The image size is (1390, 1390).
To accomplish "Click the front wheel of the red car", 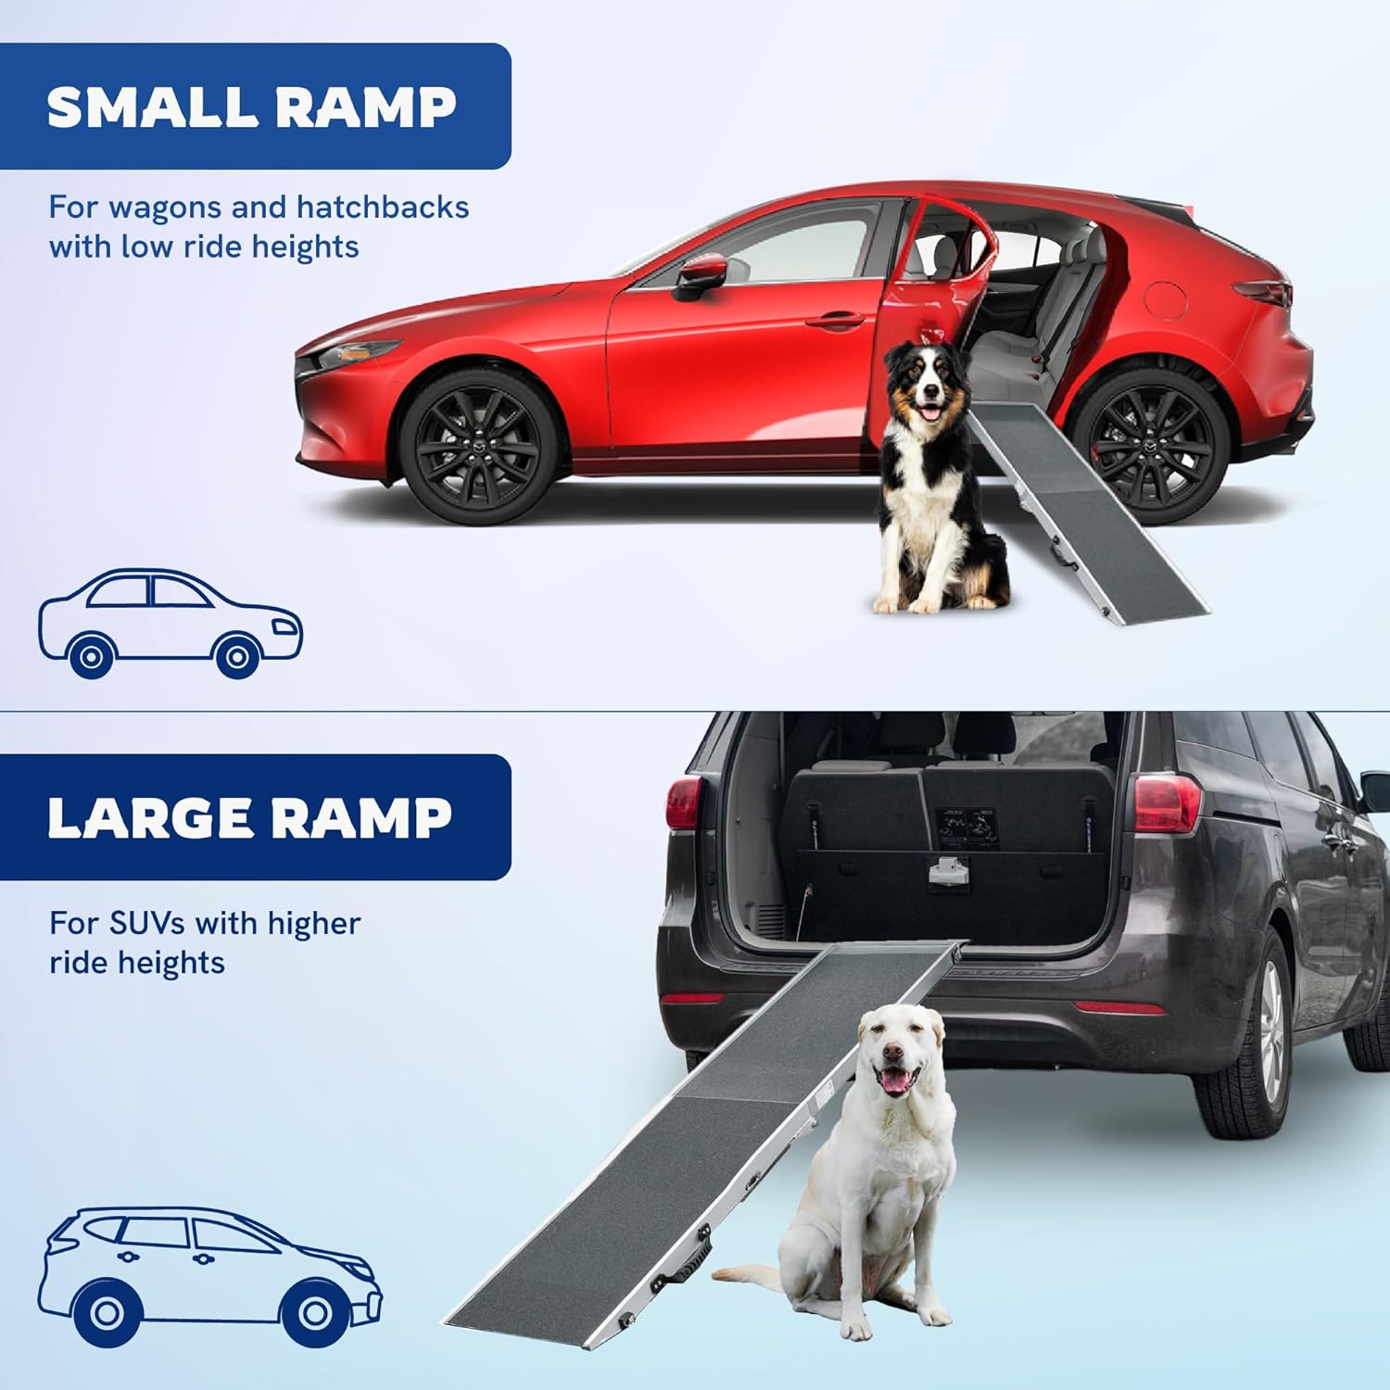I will [479, 447].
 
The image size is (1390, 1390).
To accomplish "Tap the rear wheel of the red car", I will [1151, 445].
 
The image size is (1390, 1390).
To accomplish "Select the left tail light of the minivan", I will [684, 802].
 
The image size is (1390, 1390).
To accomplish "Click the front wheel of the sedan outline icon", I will [236, 656].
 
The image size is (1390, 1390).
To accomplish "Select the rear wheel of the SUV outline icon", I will [106, 1312].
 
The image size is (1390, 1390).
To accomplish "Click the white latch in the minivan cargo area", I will [943, 871].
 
